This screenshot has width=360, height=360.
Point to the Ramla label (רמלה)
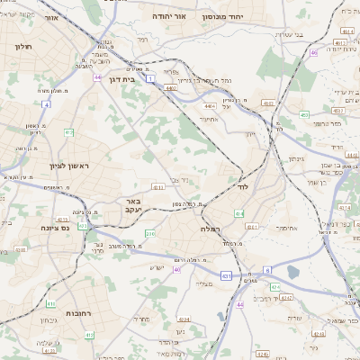(232, 229)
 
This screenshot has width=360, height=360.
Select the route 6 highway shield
(267, 269)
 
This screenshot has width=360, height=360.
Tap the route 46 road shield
(314, 53)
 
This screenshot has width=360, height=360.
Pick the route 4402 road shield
(170, 87)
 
